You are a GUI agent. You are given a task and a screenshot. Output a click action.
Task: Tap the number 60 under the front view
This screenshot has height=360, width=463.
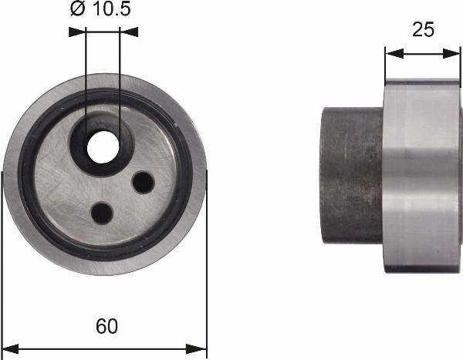107,326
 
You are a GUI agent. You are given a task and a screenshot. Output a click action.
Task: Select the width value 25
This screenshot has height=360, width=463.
424,29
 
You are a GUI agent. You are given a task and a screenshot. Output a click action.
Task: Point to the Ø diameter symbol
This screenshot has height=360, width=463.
77,9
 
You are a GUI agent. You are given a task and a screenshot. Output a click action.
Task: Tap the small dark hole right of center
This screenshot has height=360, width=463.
143,182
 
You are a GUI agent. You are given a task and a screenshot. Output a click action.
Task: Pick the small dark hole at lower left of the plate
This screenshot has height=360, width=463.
101,211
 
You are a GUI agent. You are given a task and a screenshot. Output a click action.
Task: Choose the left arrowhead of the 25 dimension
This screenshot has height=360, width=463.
391,53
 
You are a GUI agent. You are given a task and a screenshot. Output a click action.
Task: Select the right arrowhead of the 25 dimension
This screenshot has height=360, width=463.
455,53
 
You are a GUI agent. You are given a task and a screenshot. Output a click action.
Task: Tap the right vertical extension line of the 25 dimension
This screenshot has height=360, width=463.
461,66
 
